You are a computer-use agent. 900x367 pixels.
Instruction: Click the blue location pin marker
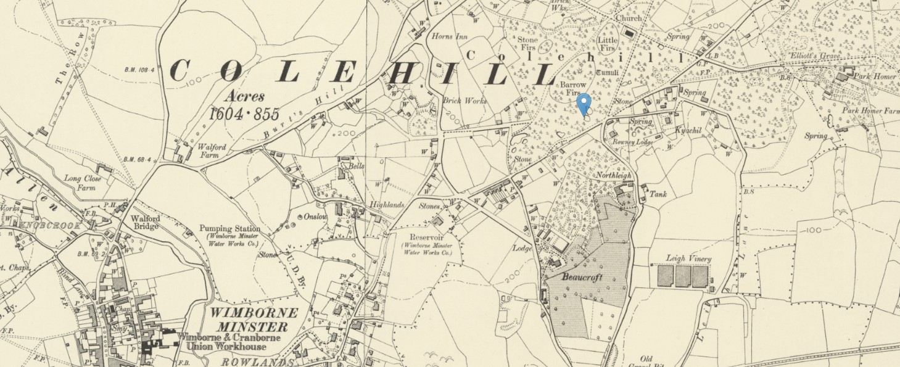584,104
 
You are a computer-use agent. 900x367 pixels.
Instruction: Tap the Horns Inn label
450,36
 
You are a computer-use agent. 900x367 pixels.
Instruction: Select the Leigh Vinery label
688,259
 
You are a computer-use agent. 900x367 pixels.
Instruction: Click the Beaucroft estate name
582,278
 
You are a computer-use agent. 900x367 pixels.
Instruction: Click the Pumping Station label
229,229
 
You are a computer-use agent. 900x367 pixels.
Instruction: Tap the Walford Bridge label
146,222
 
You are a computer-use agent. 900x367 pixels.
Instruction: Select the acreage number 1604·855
244,114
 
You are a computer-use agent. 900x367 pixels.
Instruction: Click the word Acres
245,96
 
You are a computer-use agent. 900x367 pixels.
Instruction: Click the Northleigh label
614,175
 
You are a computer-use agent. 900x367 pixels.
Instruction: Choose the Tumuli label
617,72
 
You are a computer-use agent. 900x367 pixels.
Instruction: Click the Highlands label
386,205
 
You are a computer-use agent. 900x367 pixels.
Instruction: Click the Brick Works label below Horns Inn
464,101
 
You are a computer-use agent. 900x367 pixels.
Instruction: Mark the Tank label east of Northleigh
658,194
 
